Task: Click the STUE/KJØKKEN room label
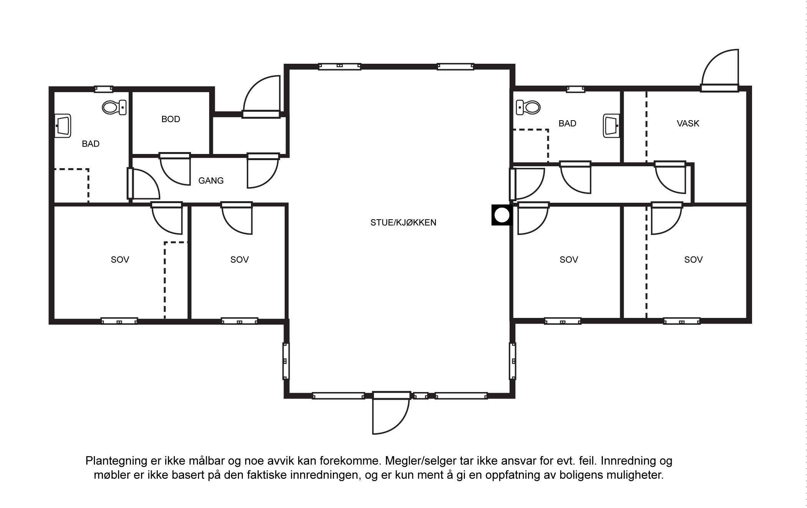(403, 223)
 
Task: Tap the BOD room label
(171, 119)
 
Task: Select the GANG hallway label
(211, 180)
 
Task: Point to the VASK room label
(688, 124)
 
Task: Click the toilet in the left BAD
(114, 108)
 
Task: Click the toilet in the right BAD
(528, 108)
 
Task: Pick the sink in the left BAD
(63, 126)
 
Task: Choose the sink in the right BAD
(611, 125)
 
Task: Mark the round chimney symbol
(501, 215)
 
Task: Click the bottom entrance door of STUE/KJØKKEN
(391, 413)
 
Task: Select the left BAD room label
(91, 144)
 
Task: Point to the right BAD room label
(567, 124)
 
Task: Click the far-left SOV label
(120, 260)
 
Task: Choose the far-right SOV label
(693, 260)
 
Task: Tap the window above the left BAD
(104, 89)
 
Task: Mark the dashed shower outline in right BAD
(531, 146)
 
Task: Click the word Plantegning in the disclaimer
(116, 461)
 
